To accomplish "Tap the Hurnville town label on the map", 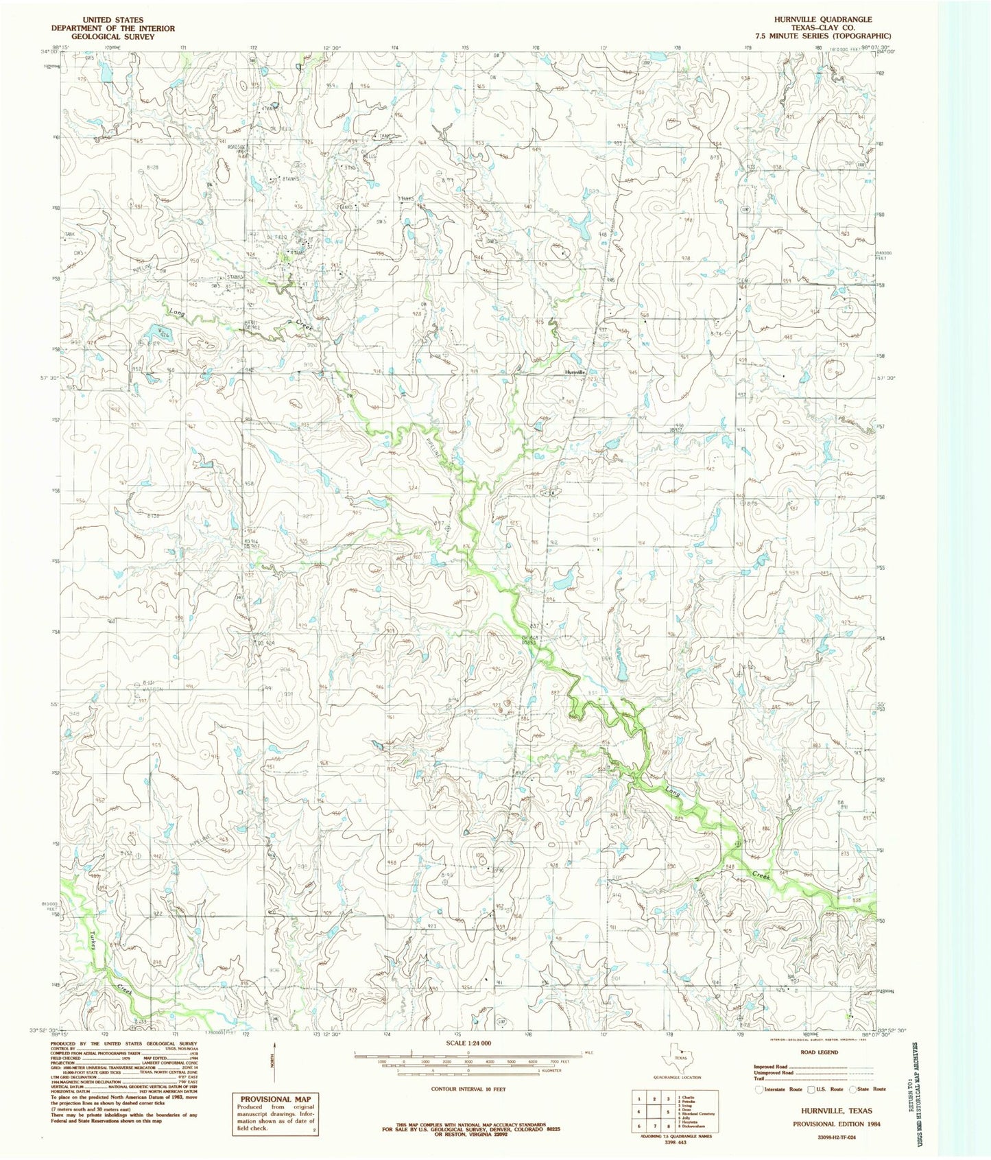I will pyautogui.click(x=574, y=372).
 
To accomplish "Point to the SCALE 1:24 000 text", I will pyautogui.click(x=468, y=1043).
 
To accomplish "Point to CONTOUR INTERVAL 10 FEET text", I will pyautogui.click(x=469, y=1089).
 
